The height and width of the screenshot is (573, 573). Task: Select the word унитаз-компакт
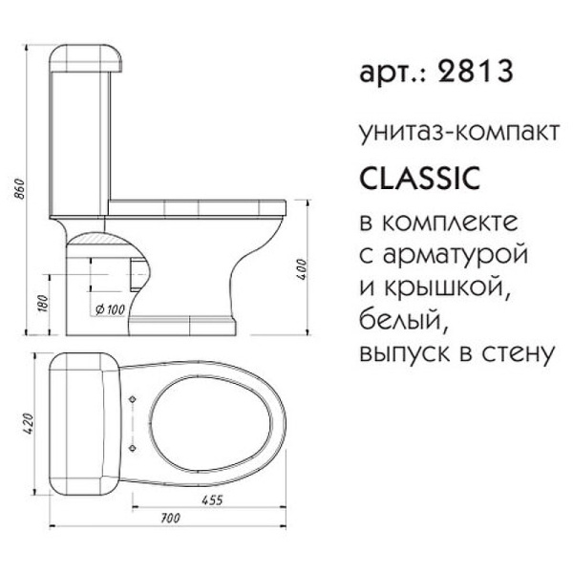454,132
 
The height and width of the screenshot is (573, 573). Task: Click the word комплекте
448,223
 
